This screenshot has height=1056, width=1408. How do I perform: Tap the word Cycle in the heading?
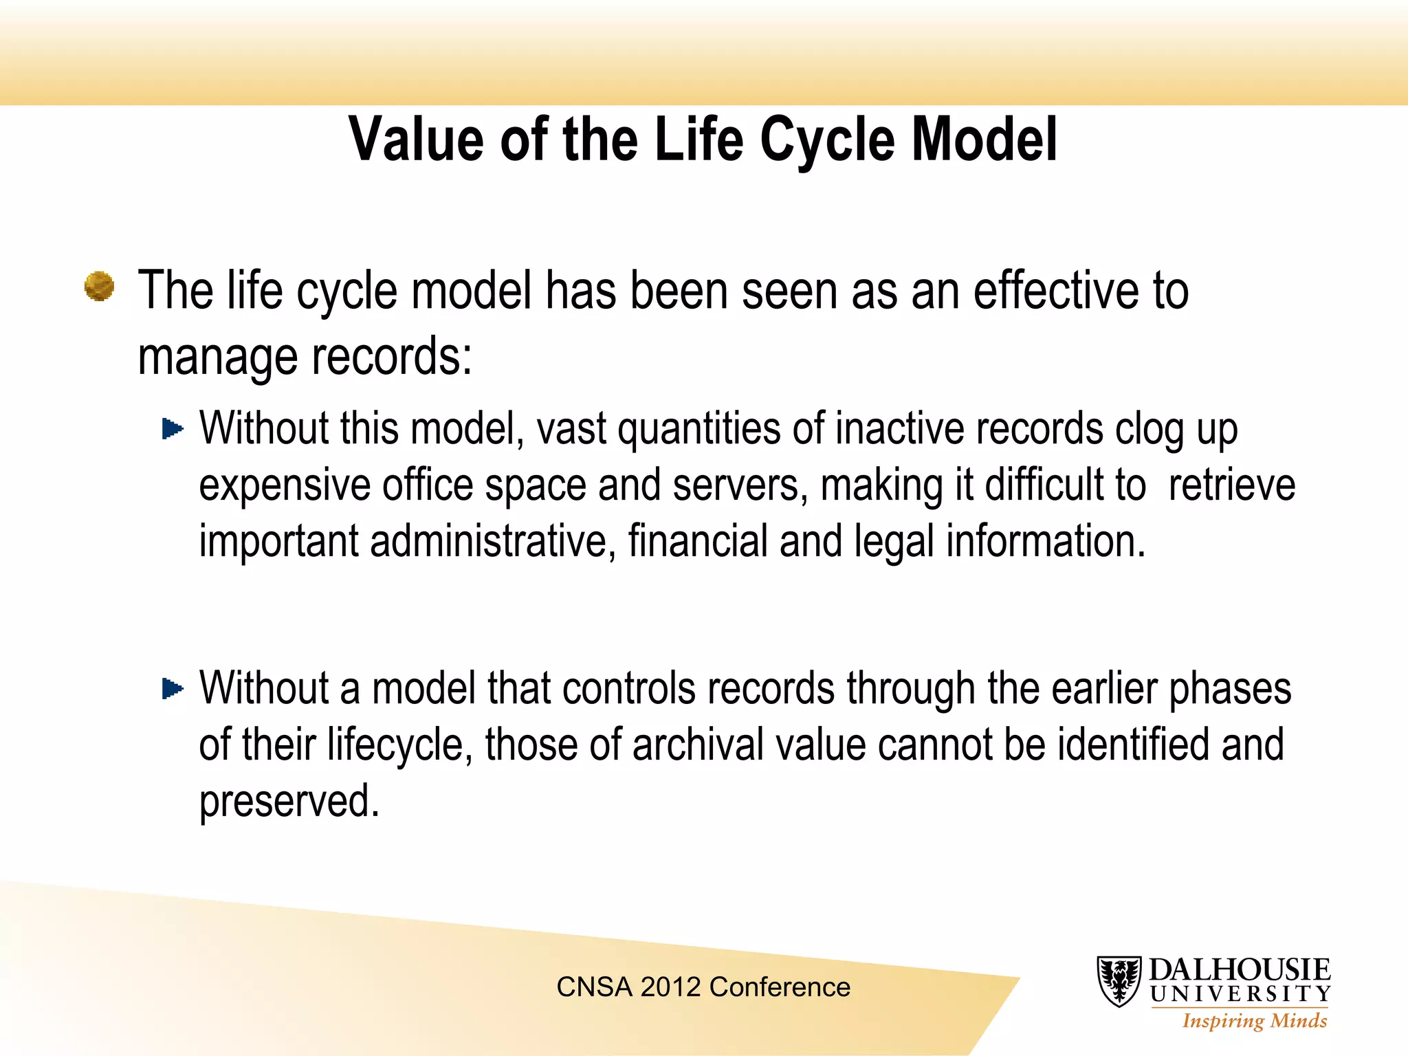click(827, 140)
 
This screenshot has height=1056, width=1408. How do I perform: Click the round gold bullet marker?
click(100, 286)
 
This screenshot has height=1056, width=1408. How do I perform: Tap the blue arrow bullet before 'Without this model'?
click(173, 430)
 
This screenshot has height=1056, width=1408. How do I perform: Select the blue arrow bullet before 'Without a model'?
click(173, 688)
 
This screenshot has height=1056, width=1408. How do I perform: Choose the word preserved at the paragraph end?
click(289, 802)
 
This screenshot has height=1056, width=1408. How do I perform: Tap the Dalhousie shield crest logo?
click(1119, 981)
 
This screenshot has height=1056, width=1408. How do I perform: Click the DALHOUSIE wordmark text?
click(1240, 970)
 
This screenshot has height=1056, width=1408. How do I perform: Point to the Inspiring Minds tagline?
click(1254, 1021)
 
